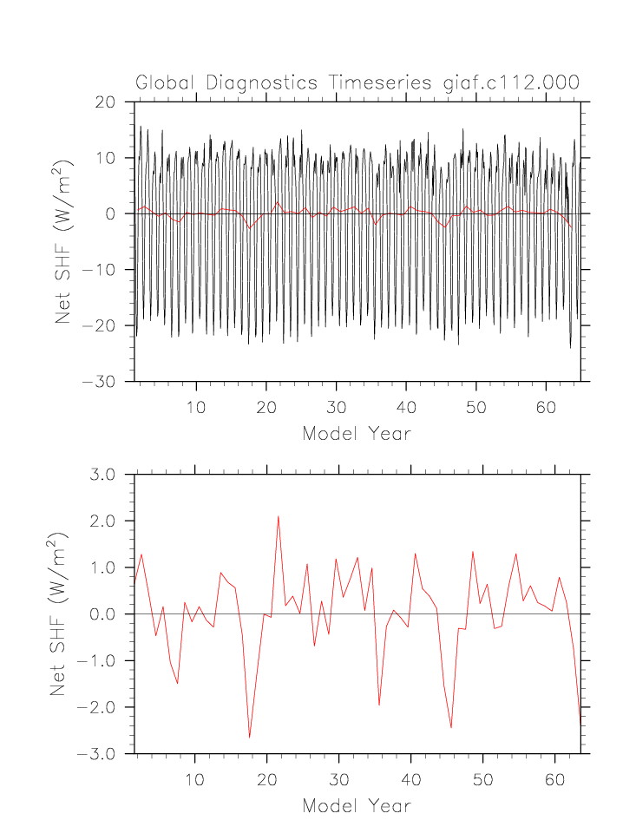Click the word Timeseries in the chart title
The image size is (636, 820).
tap(383, 83)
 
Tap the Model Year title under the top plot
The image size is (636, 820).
tap(357, 433)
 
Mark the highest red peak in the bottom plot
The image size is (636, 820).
tap(279, 516)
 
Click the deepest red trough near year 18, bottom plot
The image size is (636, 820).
tap(250, 737)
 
